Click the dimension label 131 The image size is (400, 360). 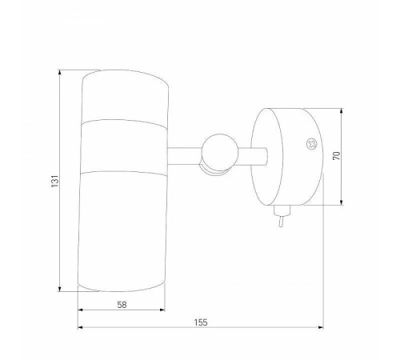click(x=54, y=181)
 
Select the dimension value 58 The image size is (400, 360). click(x=122, y=305)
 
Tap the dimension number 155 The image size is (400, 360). click(x=201, y=322)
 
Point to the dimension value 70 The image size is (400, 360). click(x=337, y=155)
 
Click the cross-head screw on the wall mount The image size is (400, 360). click(x=311, y=144)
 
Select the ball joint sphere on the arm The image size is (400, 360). click(x=219, y=152)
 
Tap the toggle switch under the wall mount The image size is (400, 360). click(x=281, y=215)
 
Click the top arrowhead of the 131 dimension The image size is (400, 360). click(x=60, y=73)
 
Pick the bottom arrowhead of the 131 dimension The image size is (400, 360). click(x=60, y=289)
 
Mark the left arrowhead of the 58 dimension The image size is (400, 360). click(x=81, y=310)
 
